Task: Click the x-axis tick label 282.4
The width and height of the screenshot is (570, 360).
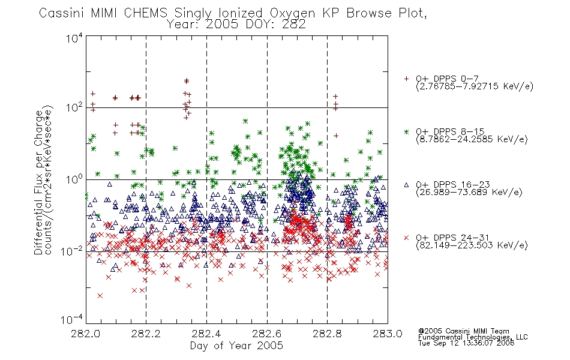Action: point(206,334)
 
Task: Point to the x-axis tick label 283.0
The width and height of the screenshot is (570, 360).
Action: point(388,334)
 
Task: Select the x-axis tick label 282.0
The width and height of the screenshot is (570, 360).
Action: point(86,334)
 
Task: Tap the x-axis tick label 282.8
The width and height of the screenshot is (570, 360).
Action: point(327,334)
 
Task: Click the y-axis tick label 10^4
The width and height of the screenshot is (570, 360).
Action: point(74,37)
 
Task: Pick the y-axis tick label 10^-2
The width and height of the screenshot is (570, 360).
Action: point(72,251)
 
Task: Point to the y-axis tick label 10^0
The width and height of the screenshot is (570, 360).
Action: point(74,179)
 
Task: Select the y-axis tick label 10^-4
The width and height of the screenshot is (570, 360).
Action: point(72,319)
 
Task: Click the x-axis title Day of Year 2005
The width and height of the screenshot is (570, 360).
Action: point(236,346)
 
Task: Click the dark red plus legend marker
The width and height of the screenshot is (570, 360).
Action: point(406,79)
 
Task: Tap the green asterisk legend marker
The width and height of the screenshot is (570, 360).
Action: point(406,131)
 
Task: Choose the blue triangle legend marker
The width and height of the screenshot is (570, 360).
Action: point(406,185)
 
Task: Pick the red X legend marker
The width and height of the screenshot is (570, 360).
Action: point(406,238)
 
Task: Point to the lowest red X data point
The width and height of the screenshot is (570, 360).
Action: point(100,296)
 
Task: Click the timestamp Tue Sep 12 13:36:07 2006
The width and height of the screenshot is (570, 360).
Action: point(466,343)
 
